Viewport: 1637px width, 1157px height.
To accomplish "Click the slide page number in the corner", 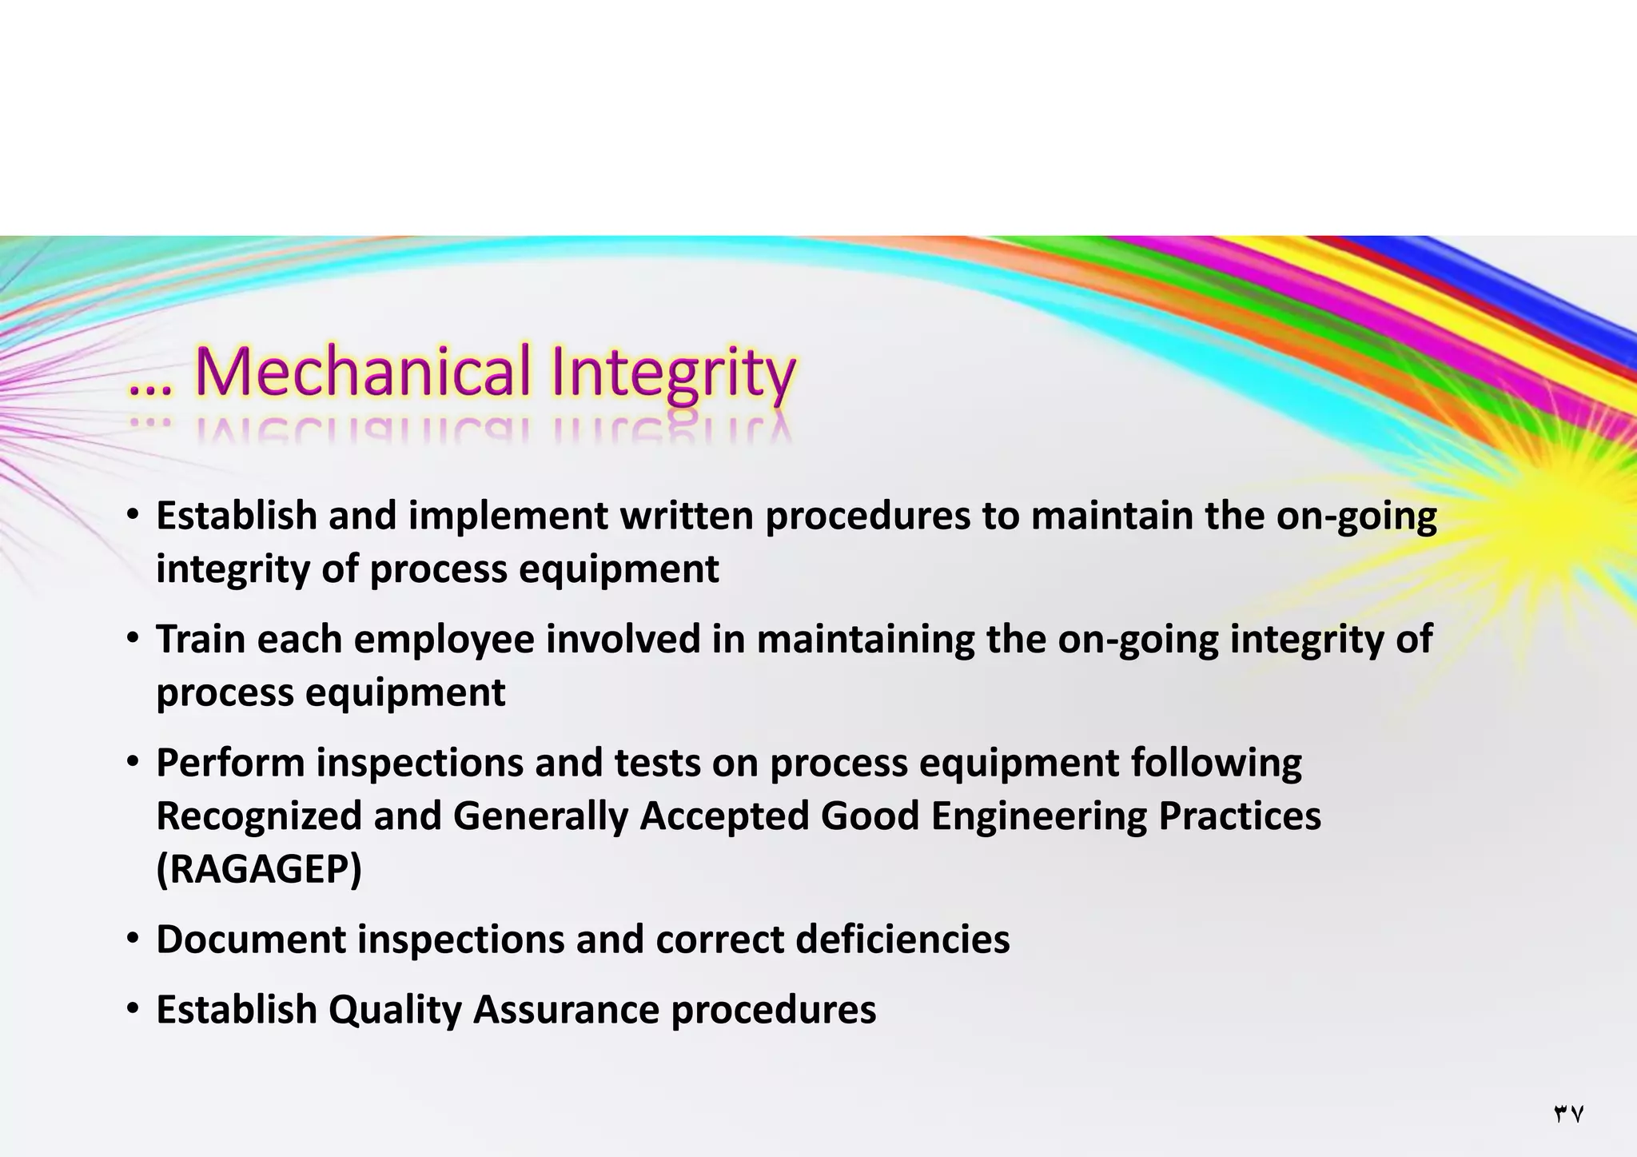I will (1568, 1114).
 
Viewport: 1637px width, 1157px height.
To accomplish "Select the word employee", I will (444, 640).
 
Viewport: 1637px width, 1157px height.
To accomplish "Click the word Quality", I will (395, 1010).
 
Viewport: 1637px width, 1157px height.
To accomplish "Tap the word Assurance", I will (566, 1009).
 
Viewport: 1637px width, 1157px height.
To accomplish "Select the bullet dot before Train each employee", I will (133, 639).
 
